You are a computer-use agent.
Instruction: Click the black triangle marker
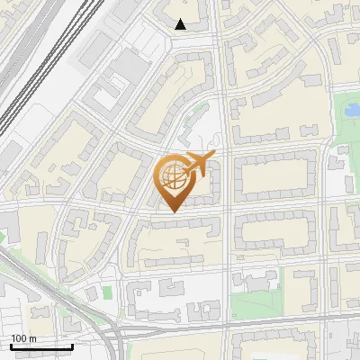click(x=181, y=24)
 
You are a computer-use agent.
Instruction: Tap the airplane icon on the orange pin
click(x=197, y=166)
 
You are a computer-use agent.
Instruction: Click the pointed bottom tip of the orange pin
click(x=174, y=211)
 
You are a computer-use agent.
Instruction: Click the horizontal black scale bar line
click(x=41, y=347)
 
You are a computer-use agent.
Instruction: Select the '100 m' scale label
click(x=23, y=337)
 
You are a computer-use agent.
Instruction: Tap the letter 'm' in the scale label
click(x=32, y=337)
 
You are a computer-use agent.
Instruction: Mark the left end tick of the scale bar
click(x=11, y=346)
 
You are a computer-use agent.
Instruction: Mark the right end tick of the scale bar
click(x=72, y=346)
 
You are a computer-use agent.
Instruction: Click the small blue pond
click(x=347, y=111)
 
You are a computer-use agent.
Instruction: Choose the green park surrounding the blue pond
click(x=345, y=126)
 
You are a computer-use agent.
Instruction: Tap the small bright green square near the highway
click(x=107, y=292)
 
